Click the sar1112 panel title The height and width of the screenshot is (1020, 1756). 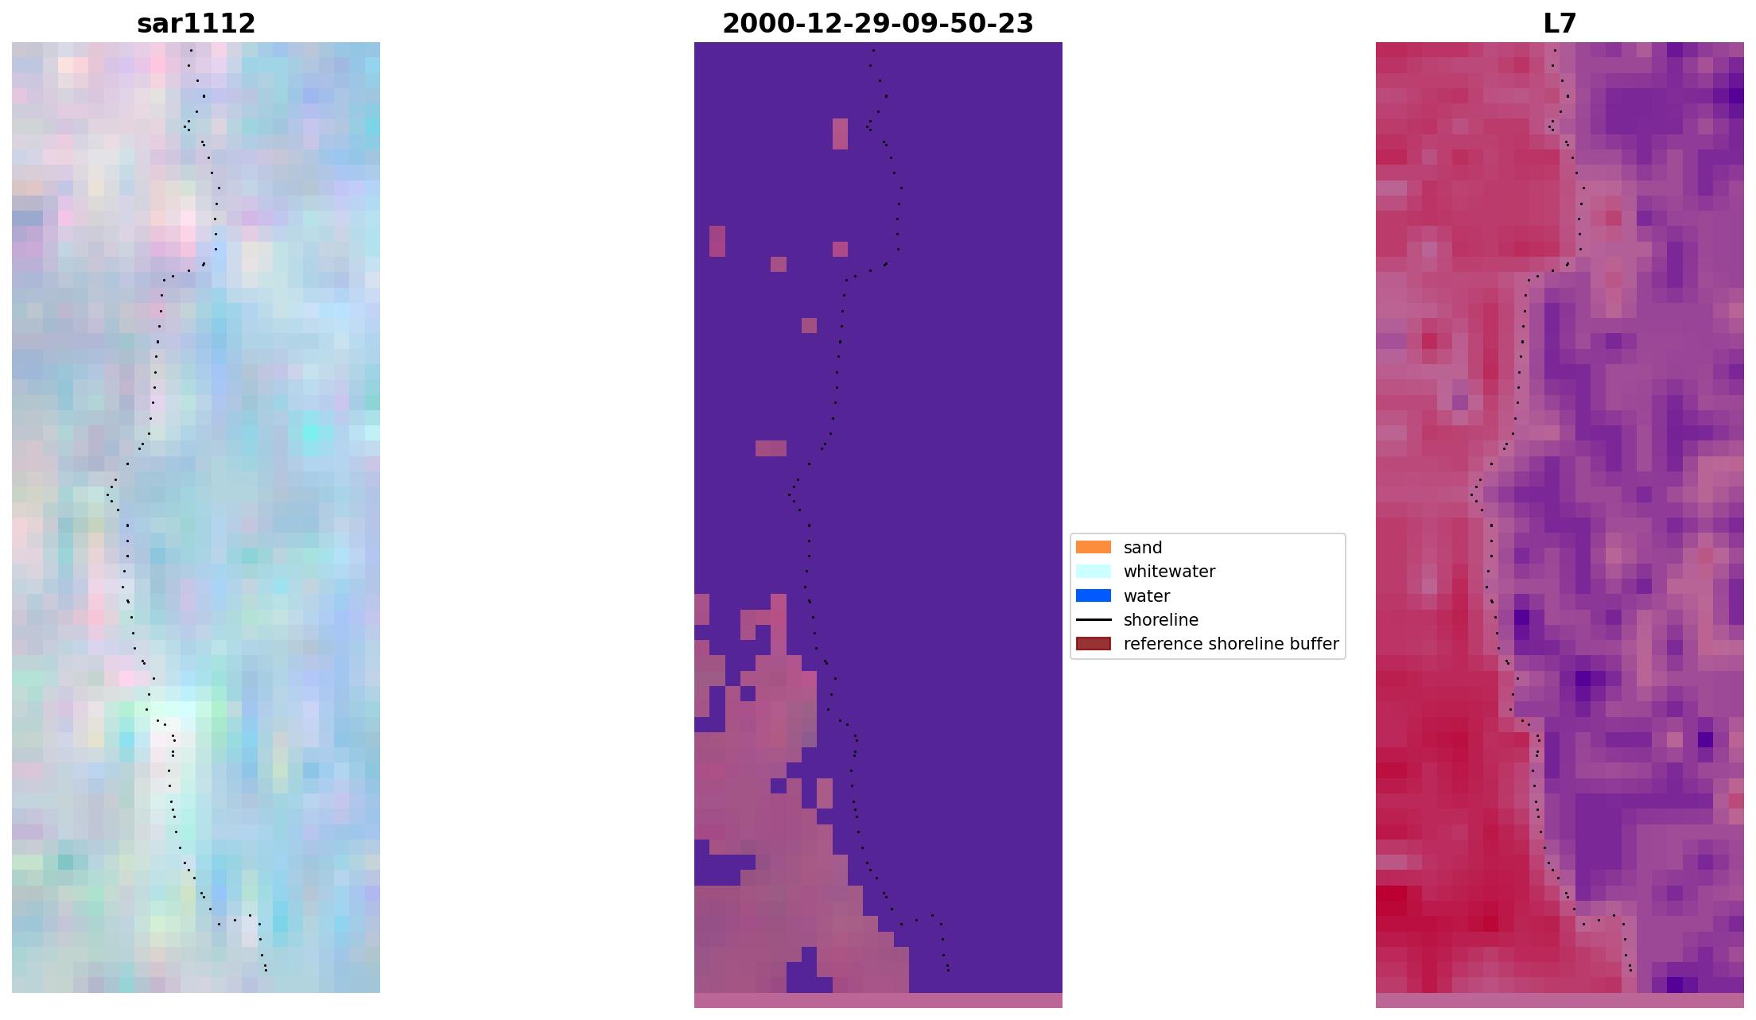[x=196, y=24]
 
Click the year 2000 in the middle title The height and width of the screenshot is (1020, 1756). [x=752, y=24]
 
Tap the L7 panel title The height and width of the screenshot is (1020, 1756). [x=1559, y=24]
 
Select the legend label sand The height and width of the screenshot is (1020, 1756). [x=1142, y=548]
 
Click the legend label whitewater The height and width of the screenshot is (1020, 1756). [x=1169, y=572]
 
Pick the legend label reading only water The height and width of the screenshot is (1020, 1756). [x=1146, y=596]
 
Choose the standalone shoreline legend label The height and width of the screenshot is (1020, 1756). [x=1160, y=620]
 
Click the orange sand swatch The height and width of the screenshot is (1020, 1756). [x=1093, y=548]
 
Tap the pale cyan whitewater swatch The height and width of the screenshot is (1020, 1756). [x=1093, y=572]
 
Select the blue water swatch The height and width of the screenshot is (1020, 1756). [x=1093, y=596]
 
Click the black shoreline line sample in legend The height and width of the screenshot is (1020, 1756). [x=1093, y=620]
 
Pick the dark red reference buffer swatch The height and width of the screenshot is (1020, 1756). [x=1093, y=644]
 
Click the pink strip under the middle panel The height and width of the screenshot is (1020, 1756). [x=878, y=1000]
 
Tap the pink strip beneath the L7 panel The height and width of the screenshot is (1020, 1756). [x=1559, y=1000]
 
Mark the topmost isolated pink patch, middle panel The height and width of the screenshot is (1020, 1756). [x=840, y=134]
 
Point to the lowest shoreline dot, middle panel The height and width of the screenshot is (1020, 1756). [x=948, y=970]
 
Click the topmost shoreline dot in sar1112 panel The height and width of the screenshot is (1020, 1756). [x=191, y=50]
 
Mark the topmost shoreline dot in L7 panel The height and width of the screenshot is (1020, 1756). [x=1555, y=50]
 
